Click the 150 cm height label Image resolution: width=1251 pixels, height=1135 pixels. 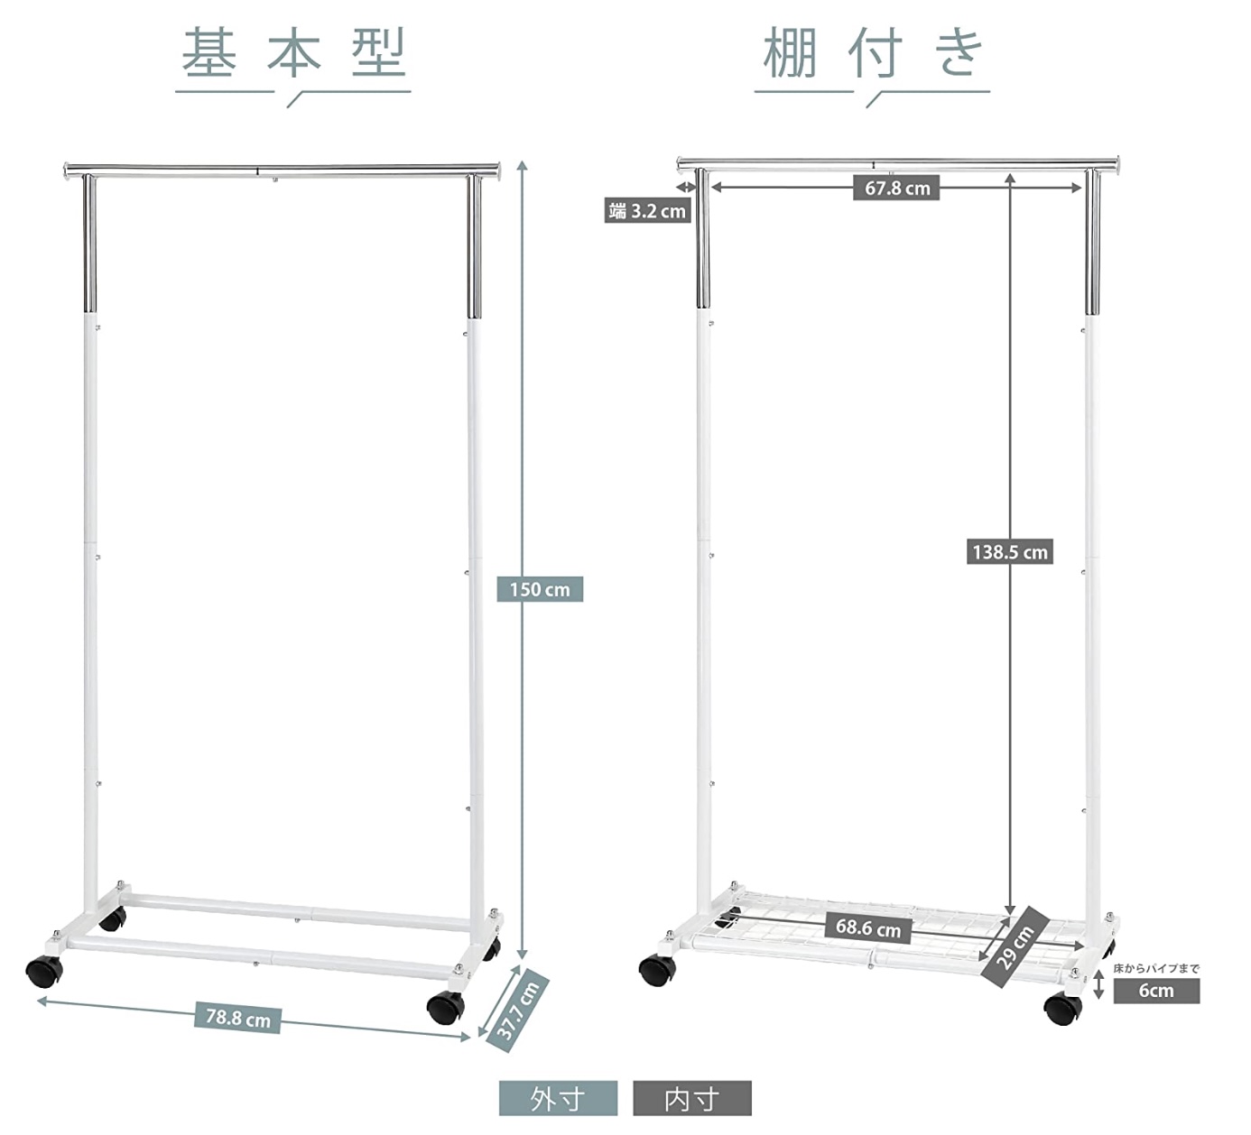[x=540, y=589]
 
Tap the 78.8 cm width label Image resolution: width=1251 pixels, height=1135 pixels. [x=238, y=1018]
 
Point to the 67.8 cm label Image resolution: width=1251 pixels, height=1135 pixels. [x=896, y=188]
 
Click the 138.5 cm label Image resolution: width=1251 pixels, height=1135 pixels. [x=1010, y=552]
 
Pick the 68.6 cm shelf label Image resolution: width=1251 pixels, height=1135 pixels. [x=868, y=928]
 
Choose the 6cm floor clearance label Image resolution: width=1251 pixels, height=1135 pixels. [x=1156, y=991]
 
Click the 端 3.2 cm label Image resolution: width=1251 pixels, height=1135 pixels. [x=647, y=211]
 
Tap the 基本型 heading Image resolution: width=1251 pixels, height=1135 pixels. [x=293, y=52]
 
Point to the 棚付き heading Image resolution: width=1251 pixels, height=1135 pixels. [x=873, y=52]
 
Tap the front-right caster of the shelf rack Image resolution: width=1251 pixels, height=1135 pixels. [x=1062, y=1008]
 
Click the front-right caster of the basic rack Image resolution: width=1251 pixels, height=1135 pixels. [x=446, y=1005]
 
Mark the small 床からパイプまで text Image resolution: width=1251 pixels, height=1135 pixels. [x=1156, y=968]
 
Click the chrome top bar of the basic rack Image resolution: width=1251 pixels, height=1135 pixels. [x=282, y=170]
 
